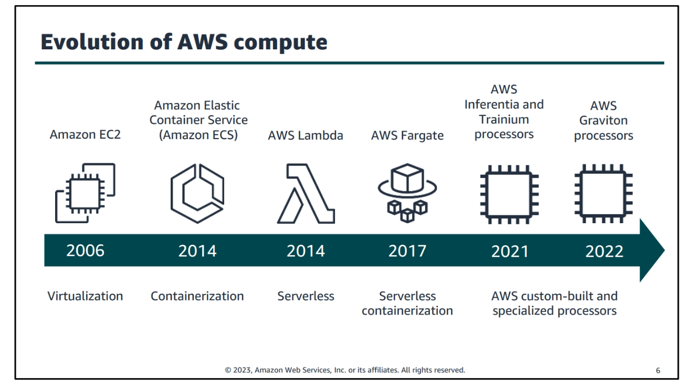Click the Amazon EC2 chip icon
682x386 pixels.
click(x=85, y=193)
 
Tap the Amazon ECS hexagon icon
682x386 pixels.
click(x=197, y=193)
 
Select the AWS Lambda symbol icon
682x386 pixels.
click(x=306, y=194)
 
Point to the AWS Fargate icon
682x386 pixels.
click(x=407, y=193)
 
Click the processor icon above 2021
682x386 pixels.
click(x=509, y=194)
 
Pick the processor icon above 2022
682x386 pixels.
click(x=603, y=193)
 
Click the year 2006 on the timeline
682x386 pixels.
click(x=85, y=251)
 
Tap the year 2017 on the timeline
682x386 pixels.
click(x=407, y=251)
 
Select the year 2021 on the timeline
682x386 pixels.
click(x=510, y=252)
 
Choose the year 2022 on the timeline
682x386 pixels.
click(x=604, y=252)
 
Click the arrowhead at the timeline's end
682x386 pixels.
click(x=652, y=251)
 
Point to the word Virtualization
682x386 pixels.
click(x=85, y=296)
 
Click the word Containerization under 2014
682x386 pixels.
click(x=197, y=296)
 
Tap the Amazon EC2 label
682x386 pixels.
click(x=85, y=134)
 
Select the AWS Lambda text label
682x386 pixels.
click(x=306, y=135)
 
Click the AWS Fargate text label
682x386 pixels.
click(x=407, y=135)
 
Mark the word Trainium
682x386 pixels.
click(x=504, y=119)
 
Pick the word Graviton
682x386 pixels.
click(x=603, y=120)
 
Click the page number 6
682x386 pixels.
click(x=658, y=370)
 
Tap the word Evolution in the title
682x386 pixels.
click(x=92, y=41)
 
